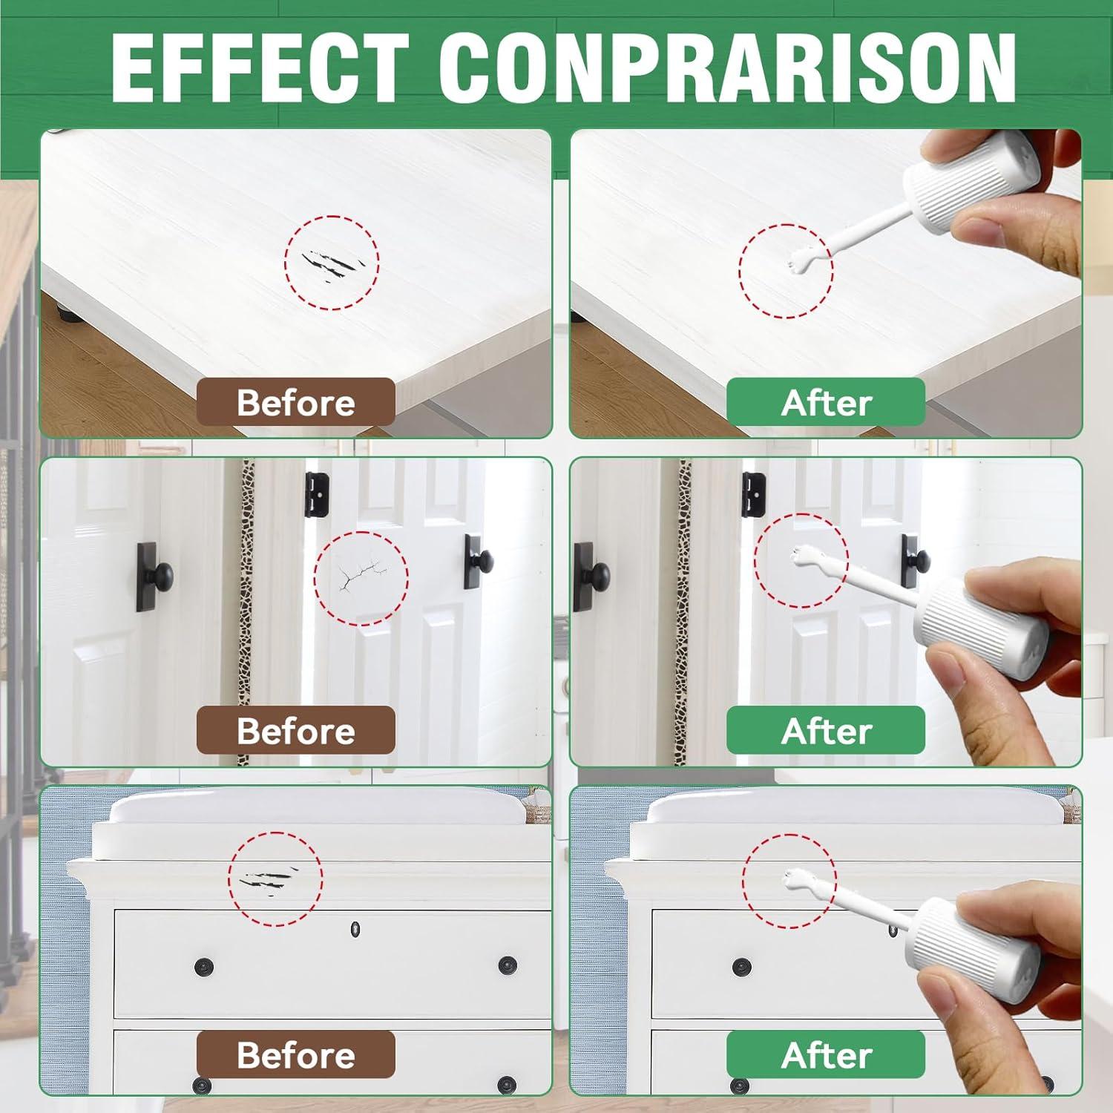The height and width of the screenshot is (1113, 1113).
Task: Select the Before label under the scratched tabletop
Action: [x=295, y=402]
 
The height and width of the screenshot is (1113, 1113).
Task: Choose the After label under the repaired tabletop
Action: [x=826, y=402]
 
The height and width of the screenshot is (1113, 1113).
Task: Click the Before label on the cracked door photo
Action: [x=295, y=730]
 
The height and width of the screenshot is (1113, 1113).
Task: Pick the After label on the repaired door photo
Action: [x=826, y=730]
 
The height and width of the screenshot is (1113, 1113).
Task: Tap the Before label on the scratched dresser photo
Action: [x=295, y=1054]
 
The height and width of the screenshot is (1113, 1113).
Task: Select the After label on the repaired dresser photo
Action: [x=826, y=1054]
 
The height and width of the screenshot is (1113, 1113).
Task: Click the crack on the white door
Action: [x=361, y=575]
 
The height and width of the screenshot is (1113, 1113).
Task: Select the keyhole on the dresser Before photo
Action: [x=355, y=927]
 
